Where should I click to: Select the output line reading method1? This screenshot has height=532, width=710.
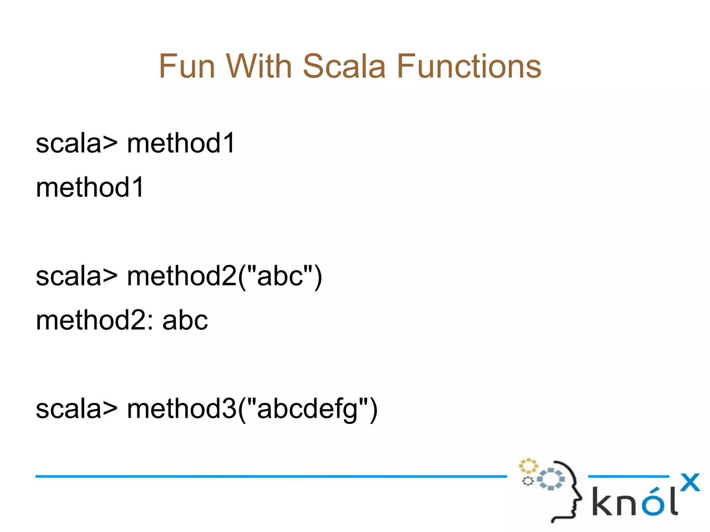tap(90, 187)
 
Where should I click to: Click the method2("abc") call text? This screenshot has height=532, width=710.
tap(225, 276)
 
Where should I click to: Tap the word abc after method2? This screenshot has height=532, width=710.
tap(185, 320)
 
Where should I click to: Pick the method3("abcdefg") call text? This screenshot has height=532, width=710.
tap(252, 409)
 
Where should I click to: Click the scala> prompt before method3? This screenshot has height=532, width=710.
tap(77, 409)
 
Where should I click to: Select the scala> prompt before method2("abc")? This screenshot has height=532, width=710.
tap(77, 276)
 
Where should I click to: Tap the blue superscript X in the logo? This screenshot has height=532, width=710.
tap(690, 482)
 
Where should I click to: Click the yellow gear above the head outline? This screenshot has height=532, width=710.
tap(528, 466)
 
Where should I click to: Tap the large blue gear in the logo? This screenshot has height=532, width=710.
tap(551, 479)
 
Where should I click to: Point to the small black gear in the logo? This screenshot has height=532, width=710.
tap(528, 481)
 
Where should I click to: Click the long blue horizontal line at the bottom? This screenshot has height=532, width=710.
tap(270, 477)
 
